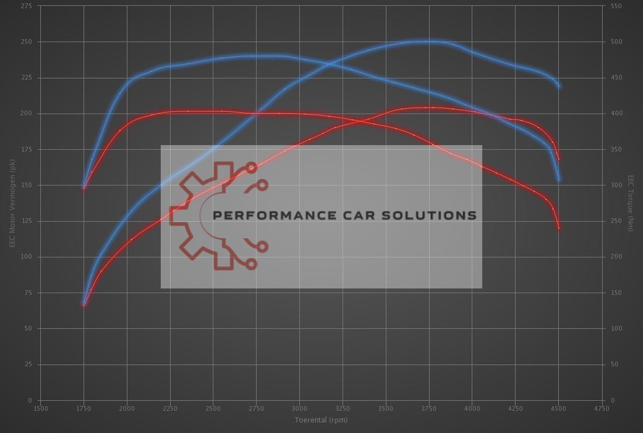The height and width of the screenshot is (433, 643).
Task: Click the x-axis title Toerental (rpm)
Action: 321,420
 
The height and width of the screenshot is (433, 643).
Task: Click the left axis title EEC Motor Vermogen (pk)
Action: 12,203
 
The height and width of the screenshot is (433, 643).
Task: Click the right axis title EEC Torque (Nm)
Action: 631,203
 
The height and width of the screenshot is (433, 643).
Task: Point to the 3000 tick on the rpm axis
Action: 299,408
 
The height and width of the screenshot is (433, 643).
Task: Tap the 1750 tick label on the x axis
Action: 84,408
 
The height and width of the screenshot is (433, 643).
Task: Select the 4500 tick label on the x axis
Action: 558,408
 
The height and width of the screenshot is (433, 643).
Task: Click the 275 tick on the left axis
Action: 27,6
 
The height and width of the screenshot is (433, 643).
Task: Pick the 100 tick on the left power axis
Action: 27,257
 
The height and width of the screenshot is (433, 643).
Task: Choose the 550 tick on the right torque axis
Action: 616,6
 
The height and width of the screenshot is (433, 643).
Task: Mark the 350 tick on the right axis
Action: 616,150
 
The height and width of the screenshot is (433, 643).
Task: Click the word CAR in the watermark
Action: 356,215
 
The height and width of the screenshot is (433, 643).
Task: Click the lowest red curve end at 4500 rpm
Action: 559,228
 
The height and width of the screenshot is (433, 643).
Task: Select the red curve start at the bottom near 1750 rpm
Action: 84,305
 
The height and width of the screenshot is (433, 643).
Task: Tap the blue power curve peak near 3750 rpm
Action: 430,42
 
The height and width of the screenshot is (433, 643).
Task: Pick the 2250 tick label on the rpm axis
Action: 170,408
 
